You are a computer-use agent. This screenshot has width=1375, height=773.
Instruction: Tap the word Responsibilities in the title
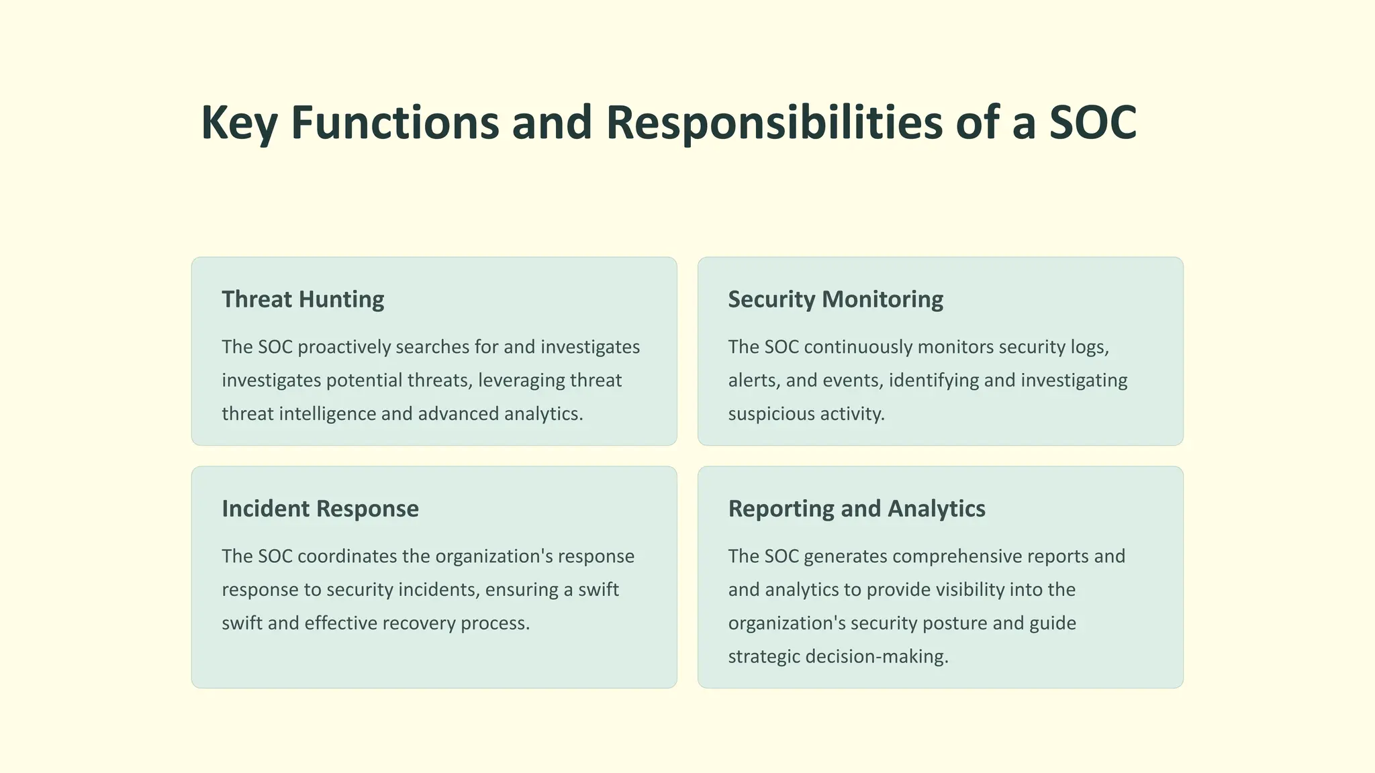773,123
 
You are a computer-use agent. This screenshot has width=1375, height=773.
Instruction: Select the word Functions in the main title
395,123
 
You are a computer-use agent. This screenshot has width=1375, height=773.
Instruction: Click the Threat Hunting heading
303,299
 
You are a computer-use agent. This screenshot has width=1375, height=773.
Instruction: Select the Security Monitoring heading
835,299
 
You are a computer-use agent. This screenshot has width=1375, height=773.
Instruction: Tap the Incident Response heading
320,509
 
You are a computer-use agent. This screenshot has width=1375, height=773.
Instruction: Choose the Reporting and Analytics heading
857,509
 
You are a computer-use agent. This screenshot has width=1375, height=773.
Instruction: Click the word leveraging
521,380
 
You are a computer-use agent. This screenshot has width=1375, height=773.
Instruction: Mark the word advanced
458,413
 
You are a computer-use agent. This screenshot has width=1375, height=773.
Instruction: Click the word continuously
857,347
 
